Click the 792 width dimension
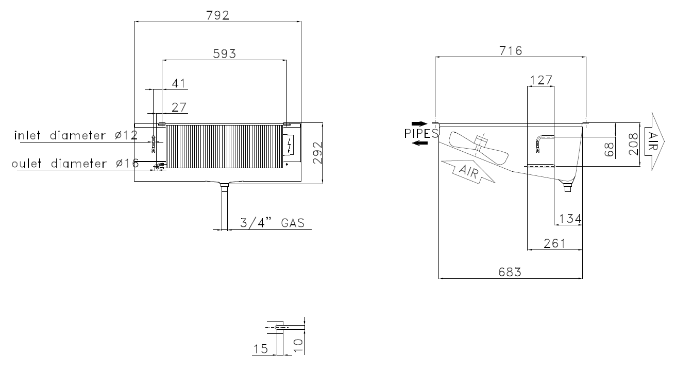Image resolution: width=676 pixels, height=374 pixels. tap(217, 15)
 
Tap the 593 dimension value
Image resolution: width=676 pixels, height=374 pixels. tap(224, 54)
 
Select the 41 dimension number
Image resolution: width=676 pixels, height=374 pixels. tap(179, 83)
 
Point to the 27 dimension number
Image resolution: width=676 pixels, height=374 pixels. tap(179, 108)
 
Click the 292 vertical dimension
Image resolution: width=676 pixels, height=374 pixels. tap(317, 153)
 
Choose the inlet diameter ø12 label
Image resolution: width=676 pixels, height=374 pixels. tap(76, 135)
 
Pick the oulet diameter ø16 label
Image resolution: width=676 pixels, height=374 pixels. tap(75, 164)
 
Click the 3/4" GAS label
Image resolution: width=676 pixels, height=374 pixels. tap(272, 223)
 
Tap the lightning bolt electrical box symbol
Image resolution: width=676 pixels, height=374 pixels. tap(290, 145)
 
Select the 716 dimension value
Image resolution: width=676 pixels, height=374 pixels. tap(511, 51)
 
